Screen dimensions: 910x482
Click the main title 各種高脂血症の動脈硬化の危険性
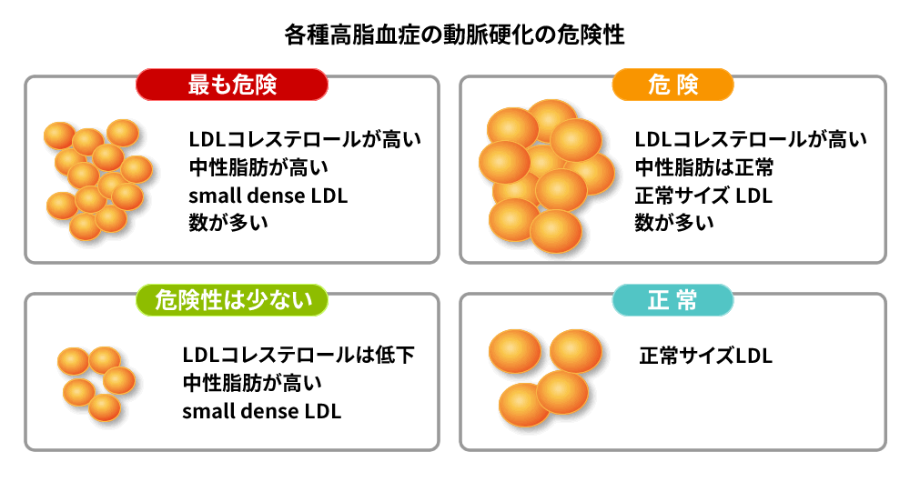coord(454,35)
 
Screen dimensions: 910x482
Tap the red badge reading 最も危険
coord(231,85)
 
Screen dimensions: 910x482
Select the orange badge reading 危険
coord(672,85)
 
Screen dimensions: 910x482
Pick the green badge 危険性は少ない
coord(231,300)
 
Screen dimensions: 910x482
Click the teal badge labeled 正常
coord(672,300)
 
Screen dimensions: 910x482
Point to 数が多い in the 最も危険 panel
coord(228,223)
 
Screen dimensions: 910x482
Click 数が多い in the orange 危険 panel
coord(673,223)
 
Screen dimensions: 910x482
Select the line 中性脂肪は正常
coord(704,167)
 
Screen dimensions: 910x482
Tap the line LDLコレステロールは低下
coord(298,355)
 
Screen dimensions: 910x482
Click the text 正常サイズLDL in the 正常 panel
coord(706,356)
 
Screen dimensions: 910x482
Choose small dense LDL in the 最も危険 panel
coord(268,196)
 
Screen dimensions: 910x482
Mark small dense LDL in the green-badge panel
coord(262,411)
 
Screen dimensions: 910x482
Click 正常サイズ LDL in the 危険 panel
coord(703,196)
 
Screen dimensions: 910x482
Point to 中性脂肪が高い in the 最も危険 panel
coord(258,167)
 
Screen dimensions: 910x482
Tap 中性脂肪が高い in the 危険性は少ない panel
coord(252,383)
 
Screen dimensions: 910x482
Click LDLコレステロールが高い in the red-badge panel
coord(305,139)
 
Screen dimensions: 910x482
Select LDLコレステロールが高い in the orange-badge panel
coord(751,139)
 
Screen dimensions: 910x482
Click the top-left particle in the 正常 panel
coord(515,351)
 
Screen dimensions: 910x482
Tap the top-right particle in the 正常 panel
coord(576,351)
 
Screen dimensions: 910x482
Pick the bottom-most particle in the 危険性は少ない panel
coord(105,407)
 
